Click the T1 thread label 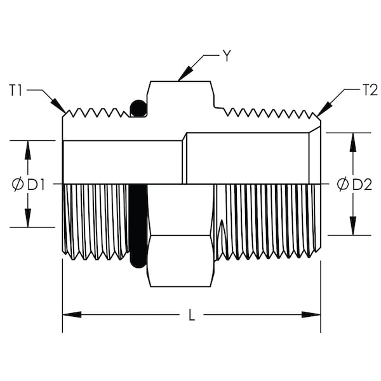click(x=15, y=90)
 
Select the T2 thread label click(x=370, y=90)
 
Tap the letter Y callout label click(x=227, y=56)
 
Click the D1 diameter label click(x=36, y=185)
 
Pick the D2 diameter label click(x=362, y=185)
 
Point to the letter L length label click(x=192, y=315)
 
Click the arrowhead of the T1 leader click(x=58, y=106)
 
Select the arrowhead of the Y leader click(x=185, y=74)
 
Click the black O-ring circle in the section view click(x=138, y=109)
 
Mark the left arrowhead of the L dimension click(x=72, y=314)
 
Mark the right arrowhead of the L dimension click(x=311, y=314)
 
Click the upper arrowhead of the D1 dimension click(x=28, y=150)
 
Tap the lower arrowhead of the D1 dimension click(x=28, y=218)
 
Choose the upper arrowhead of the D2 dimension click(x=353, y=142)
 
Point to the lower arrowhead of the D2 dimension click(x=353, y=225)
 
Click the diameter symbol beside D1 click(x=18, y=185)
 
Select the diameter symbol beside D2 click(x=343, y=185)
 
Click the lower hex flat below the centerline click(x=180, y=261)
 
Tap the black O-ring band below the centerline click(x=138, y=226)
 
